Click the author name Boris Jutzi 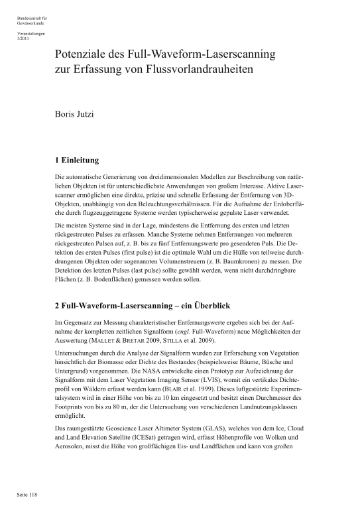pyautogui.click(x=74, y=114)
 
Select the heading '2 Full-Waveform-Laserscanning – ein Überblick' pyautogui.click(x=150, y=305)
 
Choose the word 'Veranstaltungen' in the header pyautogui.click(x=31, y=33)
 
